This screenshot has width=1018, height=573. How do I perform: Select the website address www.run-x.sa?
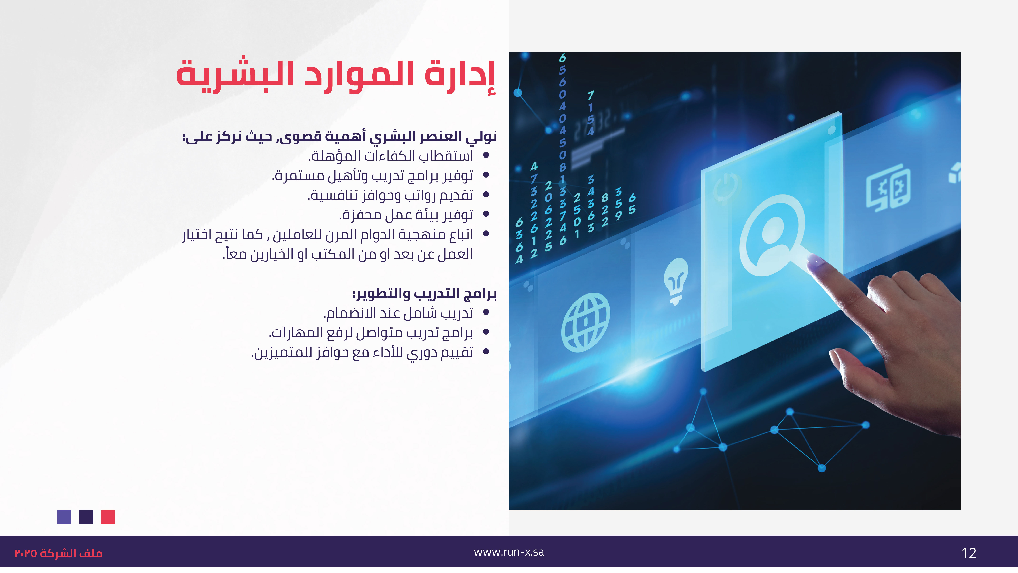click(509, 552)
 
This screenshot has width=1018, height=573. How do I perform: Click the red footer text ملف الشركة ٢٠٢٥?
click(59, 553)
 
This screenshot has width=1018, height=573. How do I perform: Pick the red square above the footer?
click(108, 517)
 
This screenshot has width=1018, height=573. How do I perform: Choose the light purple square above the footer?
click(64, 517)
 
